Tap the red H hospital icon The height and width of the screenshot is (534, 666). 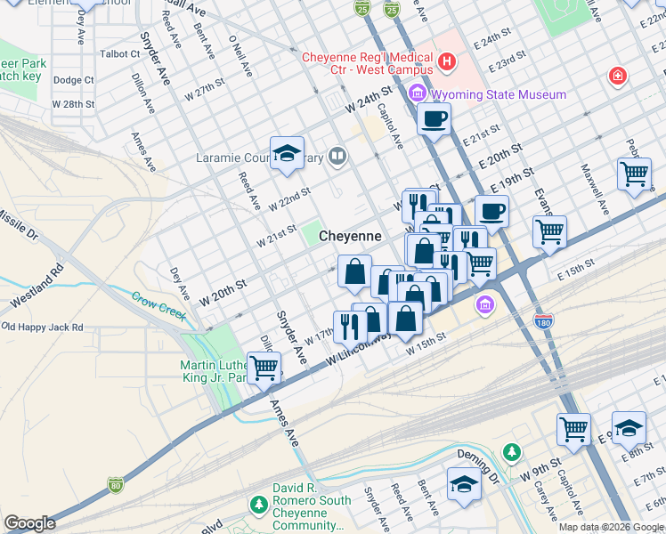(447, 61)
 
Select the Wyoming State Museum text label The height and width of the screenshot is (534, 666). (499, 94)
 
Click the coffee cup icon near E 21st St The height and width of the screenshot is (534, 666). (434, 118)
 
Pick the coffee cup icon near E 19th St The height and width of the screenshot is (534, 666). (491, 212)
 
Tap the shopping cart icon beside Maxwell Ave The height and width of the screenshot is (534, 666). (634, 174)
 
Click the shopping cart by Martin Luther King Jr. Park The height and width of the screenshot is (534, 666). (264, 366)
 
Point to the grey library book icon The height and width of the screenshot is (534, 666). (337, 159)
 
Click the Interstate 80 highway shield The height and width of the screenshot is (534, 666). (115, 485)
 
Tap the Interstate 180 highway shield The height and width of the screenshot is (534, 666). (542, 320)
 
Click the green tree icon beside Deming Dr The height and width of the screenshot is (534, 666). (511, 452)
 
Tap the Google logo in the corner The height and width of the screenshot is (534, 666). (28, 523)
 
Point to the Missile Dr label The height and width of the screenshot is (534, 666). (18, 227)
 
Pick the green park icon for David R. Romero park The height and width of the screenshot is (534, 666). (259, 506)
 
